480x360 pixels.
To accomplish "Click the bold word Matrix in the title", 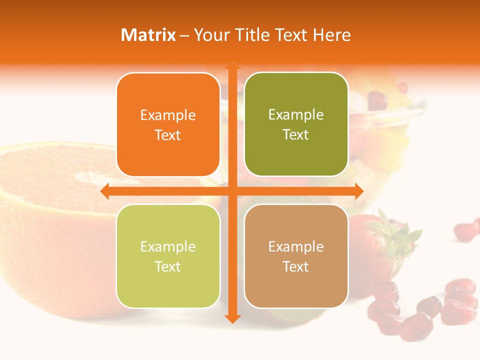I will (x=148, y=35).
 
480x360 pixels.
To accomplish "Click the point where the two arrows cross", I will (x=232, y=191).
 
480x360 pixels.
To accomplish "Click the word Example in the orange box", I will (x=168, y=115).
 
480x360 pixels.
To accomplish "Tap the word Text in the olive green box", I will (x=296, y=135).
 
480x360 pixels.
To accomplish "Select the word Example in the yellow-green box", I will (x=168, y=247).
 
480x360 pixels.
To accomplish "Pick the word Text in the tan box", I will (x=296, y=267).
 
